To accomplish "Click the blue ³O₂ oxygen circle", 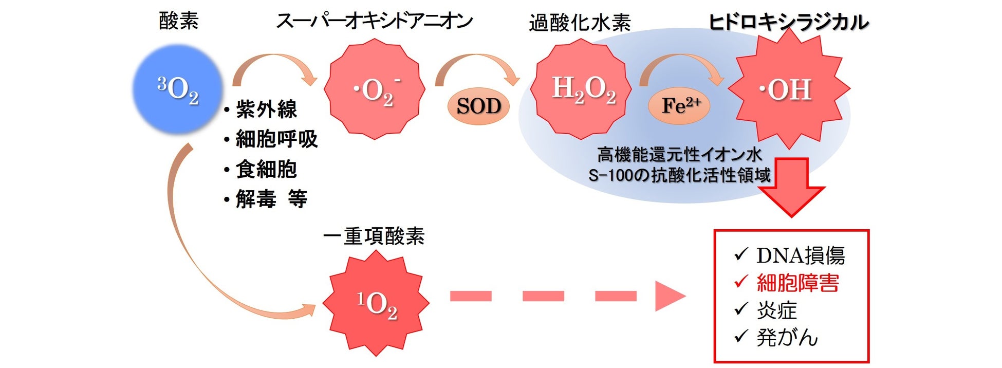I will coord(177,89).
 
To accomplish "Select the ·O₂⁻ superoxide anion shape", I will coord(375,89).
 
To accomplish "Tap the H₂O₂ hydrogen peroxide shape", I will coord(581,89).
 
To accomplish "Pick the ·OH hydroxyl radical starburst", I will coord(788,89).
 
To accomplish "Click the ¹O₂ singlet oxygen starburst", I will coord(377,304).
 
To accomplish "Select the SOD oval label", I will coord(478,106).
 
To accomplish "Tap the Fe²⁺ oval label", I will coord(680,105).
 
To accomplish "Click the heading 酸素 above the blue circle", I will coord(178,22).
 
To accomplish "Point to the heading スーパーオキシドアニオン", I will coord(375,22).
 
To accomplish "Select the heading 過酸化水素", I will coord(580,23).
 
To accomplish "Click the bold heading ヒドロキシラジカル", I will coord(789,23).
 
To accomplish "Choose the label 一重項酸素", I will coord(374,236).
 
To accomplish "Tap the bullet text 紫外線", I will coord(266,109).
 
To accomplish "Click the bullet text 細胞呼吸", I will coord(276,139).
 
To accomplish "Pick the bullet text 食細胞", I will coord(266,169).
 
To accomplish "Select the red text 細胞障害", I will coord(797,283).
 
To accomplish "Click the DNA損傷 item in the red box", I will coord(800,255).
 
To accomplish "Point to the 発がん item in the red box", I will coord(787,338).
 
